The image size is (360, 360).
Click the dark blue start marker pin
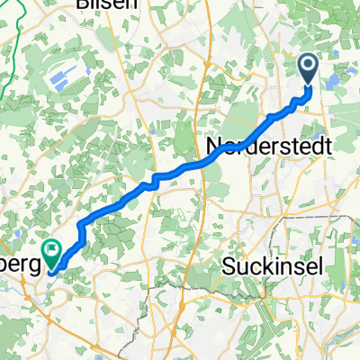point(308,68)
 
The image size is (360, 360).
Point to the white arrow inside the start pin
point(308,65)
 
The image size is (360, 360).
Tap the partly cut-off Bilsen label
point(108,4)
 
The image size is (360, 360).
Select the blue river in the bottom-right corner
point(346,337)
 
